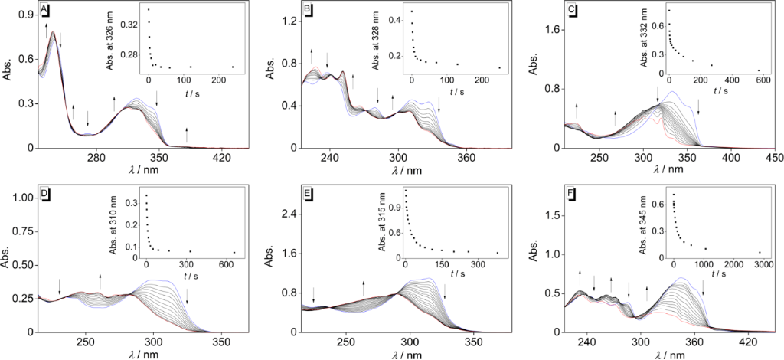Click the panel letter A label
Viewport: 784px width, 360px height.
(45, 10)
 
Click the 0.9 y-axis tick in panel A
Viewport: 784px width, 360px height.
(26, 15)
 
